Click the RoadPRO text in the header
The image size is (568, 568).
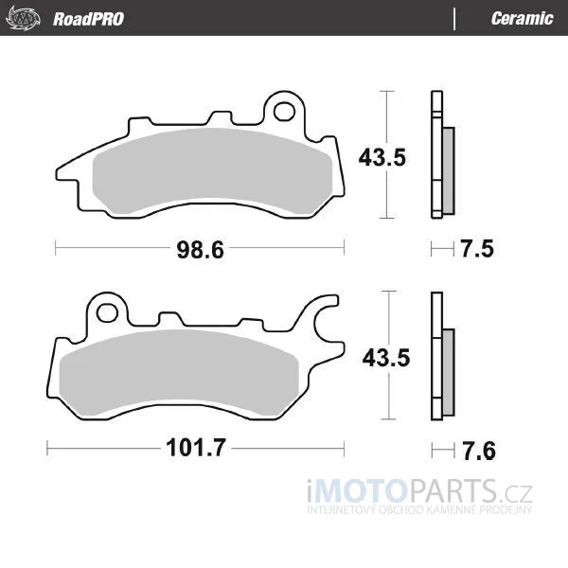(x=88, y=19)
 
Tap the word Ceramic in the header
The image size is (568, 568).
(x=522, y=18)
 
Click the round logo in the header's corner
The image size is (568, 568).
(x=24, y=18)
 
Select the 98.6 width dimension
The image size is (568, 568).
(x=201, y=250)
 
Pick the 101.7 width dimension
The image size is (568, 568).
(x=196, y=448)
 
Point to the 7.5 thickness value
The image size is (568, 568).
(x=477, y=249)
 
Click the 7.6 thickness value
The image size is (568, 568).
(x=479, y=451)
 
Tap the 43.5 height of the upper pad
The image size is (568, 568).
(x=382, y=157)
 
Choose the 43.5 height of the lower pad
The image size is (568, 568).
(x=386, y=358)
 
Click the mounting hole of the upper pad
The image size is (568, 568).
(x=284, y=112)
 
